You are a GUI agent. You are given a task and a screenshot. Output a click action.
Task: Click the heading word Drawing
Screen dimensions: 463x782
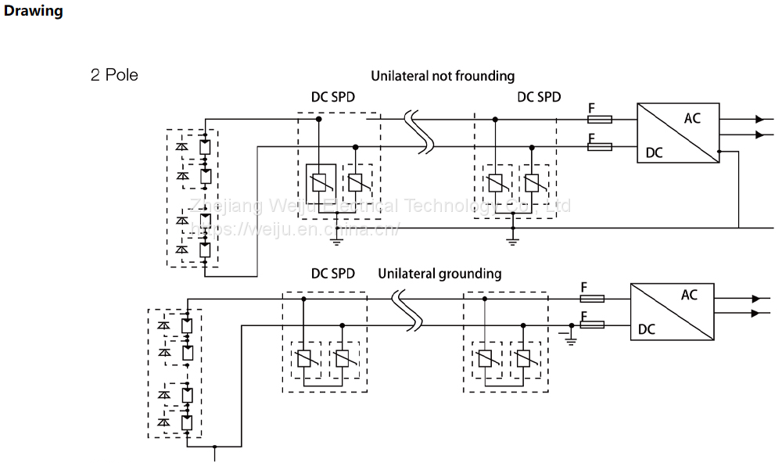(x=33, y=12)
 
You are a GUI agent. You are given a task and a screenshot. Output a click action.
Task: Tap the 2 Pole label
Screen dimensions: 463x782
(x=114, y=76)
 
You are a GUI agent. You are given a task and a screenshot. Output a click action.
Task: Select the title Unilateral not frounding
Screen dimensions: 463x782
(x=443, y=76)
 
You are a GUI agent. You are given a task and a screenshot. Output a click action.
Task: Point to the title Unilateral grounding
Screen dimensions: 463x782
(x=439, y=274)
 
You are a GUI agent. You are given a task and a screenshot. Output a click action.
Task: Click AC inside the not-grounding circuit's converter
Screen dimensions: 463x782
(x=692, y=119)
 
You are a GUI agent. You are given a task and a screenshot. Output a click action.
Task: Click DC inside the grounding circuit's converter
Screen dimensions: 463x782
(x=647, y=329)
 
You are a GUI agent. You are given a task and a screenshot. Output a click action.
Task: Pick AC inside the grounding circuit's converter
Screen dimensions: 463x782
(x=689, y=295)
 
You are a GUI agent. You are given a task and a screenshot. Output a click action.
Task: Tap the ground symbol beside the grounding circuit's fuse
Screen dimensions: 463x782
(x=571, y=336)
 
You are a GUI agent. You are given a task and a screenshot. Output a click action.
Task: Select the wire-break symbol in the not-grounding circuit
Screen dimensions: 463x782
(x=420, y=133)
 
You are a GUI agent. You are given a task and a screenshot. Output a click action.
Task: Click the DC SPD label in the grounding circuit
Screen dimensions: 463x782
(x=333, y=274)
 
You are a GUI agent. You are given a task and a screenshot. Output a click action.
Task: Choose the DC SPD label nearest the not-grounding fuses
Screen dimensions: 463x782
(x=539, y=98)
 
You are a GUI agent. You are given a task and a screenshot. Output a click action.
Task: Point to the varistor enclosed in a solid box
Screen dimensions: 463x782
(x=319, y=182)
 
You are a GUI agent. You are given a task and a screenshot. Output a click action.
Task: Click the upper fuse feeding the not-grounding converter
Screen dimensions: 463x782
(x=600, y=119)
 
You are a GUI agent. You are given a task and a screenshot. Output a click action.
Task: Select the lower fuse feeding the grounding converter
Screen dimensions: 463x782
(x=592, y=325)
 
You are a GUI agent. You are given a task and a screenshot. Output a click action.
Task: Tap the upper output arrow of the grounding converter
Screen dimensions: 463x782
(x=755, y=299)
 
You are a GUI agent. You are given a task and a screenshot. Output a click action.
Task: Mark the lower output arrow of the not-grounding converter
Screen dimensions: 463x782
(x=759, y=135)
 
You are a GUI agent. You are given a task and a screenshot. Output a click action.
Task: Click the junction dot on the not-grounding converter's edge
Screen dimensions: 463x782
(x=719, y=151)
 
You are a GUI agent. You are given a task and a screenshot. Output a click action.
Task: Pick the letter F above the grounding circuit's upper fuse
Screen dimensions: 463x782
(x=583, y=287)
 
